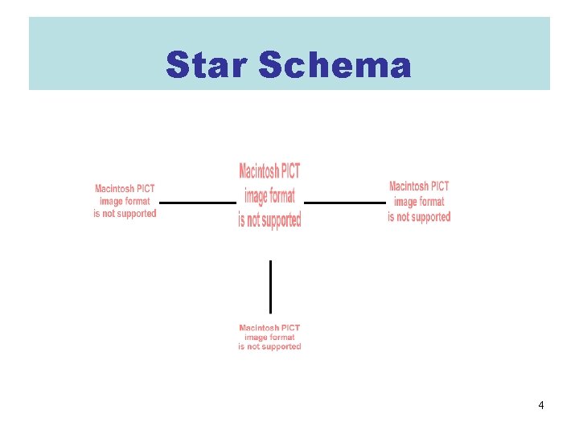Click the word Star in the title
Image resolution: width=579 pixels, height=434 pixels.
click(207, 65)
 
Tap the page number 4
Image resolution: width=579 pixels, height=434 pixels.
click(541, 405)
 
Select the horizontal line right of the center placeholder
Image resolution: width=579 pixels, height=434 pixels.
click(345, 203)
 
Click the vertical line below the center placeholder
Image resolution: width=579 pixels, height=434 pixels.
click(270, 286)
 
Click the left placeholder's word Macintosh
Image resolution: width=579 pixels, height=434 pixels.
click(115, 189)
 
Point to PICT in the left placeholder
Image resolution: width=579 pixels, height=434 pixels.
click(146, 189)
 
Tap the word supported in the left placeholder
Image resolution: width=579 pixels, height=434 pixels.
click(134, 214)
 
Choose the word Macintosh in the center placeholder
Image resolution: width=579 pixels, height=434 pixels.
click(259, 171)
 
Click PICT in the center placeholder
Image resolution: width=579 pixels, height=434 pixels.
click(290, 171)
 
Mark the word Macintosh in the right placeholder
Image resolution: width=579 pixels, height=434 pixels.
click(409, 187)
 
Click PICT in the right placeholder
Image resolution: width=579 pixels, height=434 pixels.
click(441, 187)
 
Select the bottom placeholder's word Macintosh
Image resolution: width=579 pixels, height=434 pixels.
click(259, 328)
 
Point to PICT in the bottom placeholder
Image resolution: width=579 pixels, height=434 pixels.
click(290, 328)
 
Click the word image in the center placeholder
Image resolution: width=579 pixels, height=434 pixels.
click(257, 195)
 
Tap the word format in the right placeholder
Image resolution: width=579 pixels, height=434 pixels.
click(431, 202)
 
